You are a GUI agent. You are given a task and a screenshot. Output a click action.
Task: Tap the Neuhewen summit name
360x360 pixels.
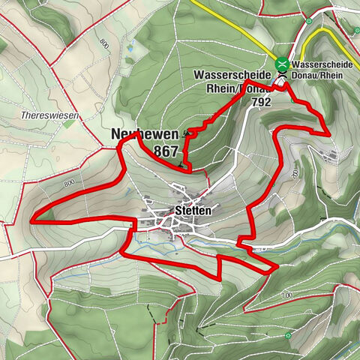[145, 134]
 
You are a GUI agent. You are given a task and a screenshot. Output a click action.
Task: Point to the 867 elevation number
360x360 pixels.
[165, 151]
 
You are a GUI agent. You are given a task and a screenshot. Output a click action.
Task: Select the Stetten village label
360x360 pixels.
[193, 211]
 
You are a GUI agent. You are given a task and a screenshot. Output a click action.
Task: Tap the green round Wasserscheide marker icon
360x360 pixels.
[282, 64]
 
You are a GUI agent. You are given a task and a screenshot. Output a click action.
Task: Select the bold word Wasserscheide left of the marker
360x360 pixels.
[231, 75]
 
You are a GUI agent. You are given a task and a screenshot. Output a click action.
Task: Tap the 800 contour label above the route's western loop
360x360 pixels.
[70, 182]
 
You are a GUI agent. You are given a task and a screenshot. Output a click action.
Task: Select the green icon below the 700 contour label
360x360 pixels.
[288, 334]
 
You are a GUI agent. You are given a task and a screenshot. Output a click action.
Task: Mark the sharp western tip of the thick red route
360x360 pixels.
[32, 220]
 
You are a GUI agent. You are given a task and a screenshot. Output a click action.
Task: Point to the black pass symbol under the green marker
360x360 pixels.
[281, 76]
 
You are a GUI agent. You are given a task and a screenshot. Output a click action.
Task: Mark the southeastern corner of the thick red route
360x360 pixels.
[277, 265]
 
